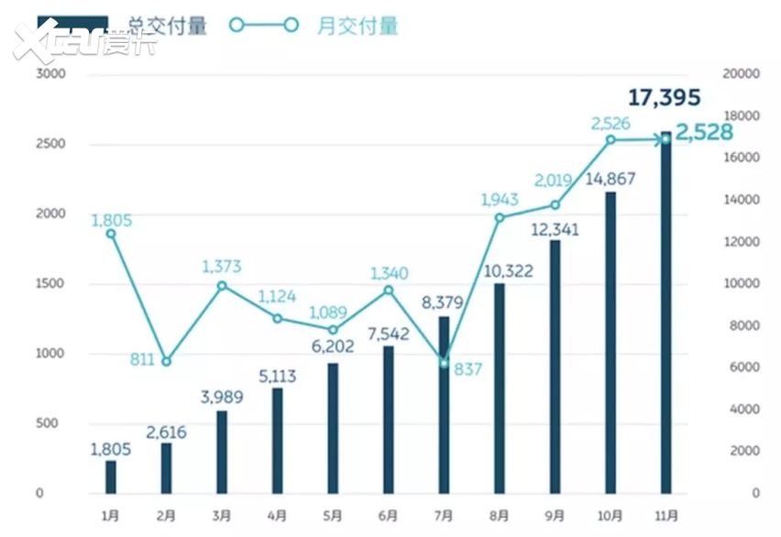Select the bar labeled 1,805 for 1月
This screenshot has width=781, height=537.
(x=111, y=477)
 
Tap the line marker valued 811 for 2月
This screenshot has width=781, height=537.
(x=166, y=361)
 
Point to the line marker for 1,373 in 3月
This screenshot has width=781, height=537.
(x=222, y=285)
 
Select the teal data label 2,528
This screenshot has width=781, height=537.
(x=704, y=131)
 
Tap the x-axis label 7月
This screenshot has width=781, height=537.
(x=444, y=515)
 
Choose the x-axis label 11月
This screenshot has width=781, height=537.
(x=666, y=515)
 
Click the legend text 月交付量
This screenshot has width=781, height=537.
(x=357, y=26)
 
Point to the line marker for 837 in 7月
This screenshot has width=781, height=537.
(x=444, y=363)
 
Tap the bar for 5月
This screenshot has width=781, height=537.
(x=333, y=428)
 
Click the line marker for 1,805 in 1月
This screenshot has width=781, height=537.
(x=111, y=234)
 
